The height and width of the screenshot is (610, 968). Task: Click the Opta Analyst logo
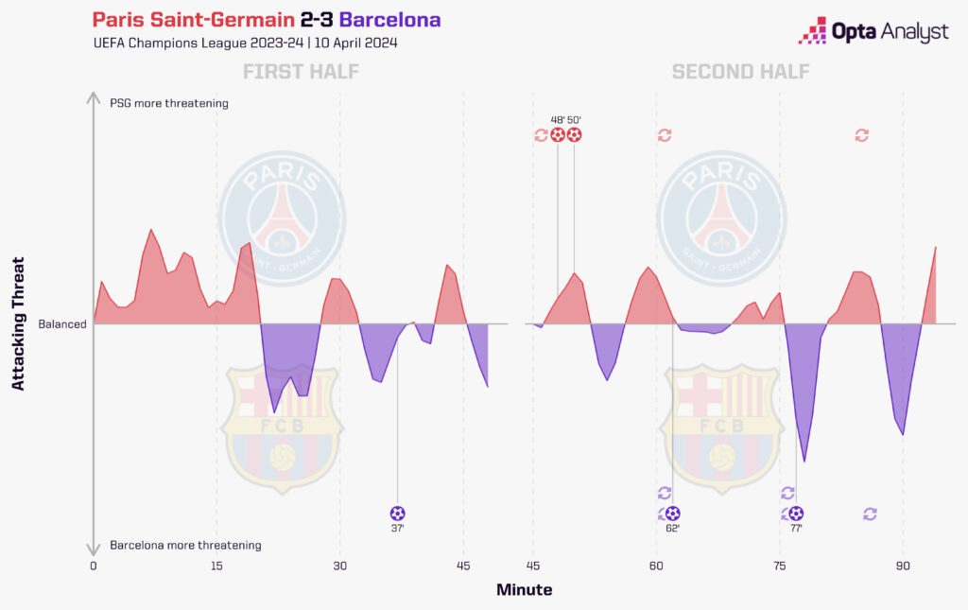[873, 31]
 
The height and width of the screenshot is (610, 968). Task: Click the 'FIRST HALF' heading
[301, 72]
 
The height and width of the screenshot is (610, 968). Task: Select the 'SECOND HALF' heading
[740, 72]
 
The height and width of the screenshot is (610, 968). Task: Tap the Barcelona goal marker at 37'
[397, 514]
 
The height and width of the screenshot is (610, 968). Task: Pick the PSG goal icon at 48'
[558, 135]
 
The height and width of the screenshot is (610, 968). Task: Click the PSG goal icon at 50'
[574, 135]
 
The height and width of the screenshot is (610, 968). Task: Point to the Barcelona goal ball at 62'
[672, 514]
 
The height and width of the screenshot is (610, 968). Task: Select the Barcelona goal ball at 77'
[796, 514]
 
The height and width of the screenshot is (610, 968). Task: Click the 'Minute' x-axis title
[524, 590]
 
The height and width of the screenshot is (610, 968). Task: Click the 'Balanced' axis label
[62, 324]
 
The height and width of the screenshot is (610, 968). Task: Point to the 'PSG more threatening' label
[169, 103]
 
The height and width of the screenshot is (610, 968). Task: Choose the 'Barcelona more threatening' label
[185, 546]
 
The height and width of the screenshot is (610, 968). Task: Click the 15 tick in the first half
[216, 566]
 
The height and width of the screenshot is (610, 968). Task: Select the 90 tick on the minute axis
[903, 566]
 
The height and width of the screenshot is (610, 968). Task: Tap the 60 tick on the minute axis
[655, 566]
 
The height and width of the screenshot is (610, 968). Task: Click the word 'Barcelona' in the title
[389, 20]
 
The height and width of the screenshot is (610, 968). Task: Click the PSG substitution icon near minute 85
[861, 135]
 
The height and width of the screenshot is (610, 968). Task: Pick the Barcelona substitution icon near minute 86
[870, 514]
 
